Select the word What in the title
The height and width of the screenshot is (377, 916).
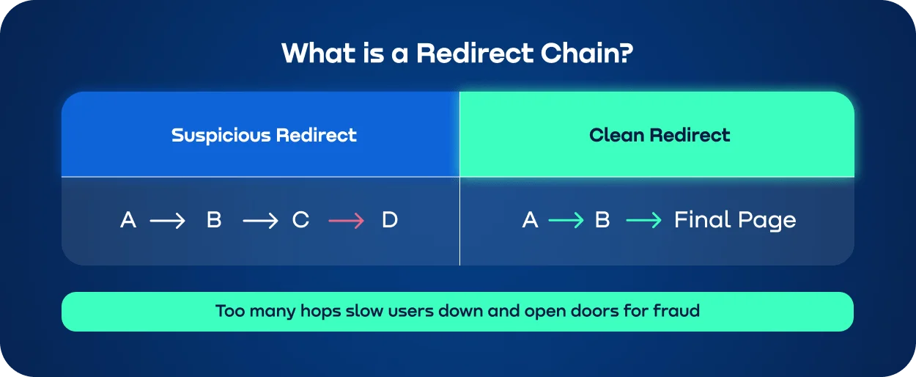point(317,54)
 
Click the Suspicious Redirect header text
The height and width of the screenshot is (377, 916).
point(264,136)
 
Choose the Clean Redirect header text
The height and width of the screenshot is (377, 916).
point(660,136)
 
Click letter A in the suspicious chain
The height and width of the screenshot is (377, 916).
point(128,220)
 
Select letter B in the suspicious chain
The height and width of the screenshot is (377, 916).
point(214,220)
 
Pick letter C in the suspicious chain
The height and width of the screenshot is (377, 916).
point(300,220)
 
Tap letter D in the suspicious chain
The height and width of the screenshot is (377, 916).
point(390,220)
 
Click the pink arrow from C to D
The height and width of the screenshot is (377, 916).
point(346,221)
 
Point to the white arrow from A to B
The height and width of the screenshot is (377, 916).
point(168,221)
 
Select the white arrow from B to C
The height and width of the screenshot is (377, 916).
point(260,221)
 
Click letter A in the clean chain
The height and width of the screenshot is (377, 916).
point(530,220)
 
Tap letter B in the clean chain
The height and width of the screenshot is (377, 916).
point(602,220)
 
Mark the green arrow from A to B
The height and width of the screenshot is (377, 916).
point(566,221)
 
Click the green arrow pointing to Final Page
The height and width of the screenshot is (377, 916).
point(644,221)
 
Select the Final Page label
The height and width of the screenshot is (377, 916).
point(735,220)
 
